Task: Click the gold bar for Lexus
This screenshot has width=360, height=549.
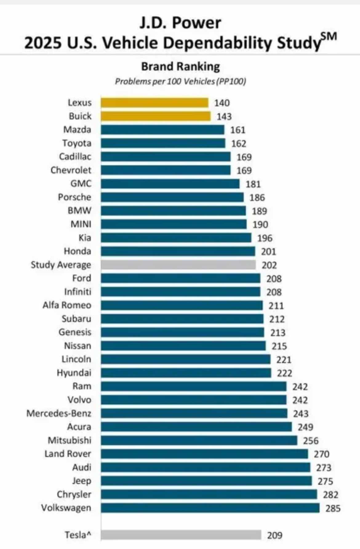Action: [x=154, y=103]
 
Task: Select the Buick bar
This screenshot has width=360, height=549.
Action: [x=156, y=116]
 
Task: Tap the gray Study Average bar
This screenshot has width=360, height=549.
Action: [x=178, y=265]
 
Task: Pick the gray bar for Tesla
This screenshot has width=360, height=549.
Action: [x=181, y=535]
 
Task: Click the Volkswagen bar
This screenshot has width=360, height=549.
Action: [x=210, y=508]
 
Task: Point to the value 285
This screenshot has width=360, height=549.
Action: [x=333, y=508]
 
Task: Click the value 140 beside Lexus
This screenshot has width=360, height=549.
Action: [x=222, y=103]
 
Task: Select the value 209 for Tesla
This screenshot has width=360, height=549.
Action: [x=274, y=535]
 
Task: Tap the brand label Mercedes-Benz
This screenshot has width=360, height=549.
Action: [x=59, y=413]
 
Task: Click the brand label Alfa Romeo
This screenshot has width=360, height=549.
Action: [x=67, y=305]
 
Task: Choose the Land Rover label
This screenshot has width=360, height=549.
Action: [x=68, y=454]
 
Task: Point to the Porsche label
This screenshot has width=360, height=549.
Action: [x=74, y=197]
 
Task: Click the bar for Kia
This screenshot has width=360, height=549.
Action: [x=176, y=238]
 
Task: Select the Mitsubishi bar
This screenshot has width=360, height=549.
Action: [x=199, y=440]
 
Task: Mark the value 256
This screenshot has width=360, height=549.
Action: [x=311, y=441]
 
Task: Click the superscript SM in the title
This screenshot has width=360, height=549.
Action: [x=329, y=37]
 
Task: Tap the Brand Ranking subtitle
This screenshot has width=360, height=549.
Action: [x=181, y=66]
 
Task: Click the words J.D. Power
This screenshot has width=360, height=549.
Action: [x=180, y=23]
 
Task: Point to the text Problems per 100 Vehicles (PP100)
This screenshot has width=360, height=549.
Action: [x=181, y=82]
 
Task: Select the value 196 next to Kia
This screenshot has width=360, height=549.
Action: [x=265, y=238]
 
